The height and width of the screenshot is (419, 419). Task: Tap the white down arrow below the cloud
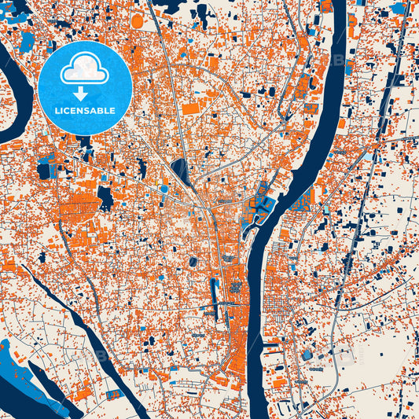point(84,94)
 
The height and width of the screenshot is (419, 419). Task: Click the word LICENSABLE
point(84,111)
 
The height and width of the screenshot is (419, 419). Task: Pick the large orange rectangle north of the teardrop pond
point(191,108)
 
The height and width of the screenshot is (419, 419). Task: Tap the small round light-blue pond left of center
point(165,189)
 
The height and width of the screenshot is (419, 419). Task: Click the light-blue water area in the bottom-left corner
point(24,377)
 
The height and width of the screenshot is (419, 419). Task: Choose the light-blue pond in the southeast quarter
point(307,355)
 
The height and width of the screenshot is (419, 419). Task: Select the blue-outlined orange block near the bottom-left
point(114,394)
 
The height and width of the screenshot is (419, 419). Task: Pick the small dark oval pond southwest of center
point(193,261)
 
